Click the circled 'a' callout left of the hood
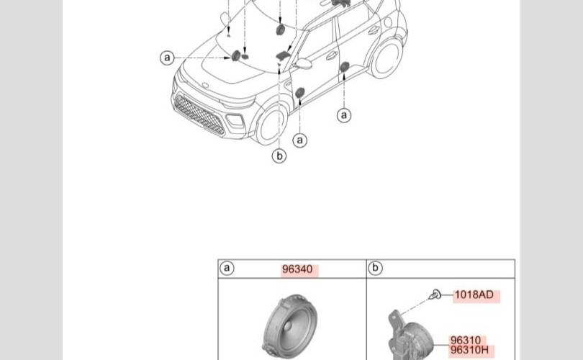(167, 58)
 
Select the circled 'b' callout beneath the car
(279, 156)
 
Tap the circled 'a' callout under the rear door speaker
(344, 115)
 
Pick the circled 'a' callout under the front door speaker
(300, 140)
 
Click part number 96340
(297, 269)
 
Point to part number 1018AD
(474, 295)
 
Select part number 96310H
(469, 350)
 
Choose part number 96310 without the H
(466, 341)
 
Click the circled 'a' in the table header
(227, 268)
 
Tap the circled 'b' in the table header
(375, 268)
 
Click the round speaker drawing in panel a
(291, 328)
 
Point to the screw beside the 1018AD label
(434, 295)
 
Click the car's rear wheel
(387, 58)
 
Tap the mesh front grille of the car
(199, 115)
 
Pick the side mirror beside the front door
(303, 63)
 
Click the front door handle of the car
(331, 55)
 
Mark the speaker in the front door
(299, 93)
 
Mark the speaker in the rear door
(344, 67)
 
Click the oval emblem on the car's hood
(205, 86)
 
